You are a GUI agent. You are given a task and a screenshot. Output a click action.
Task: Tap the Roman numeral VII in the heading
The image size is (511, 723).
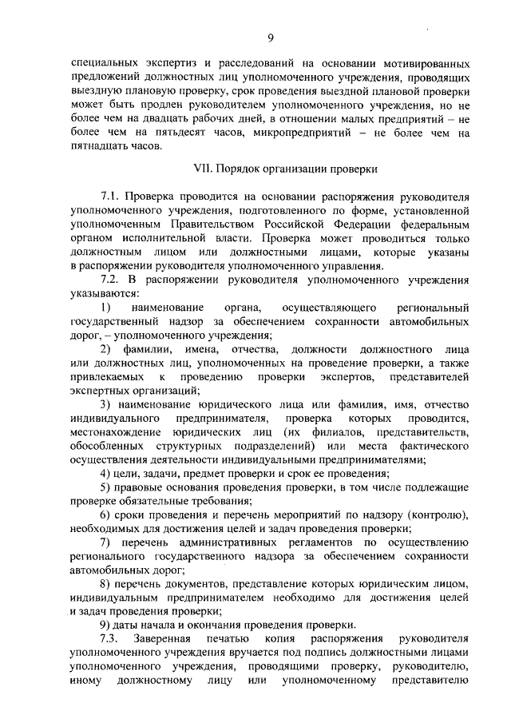[204, 169]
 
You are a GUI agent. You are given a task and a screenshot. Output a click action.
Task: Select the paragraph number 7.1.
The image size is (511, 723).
[109, 196]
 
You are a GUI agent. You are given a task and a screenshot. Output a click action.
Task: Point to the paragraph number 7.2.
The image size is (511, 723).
[109, 279]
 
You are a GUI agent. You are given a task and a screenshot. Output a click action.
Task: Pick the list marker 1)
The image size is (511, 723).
[105, 308]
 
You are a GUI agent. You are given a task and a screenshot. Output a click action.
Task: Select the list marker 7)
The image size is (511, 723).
[105, 542]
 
